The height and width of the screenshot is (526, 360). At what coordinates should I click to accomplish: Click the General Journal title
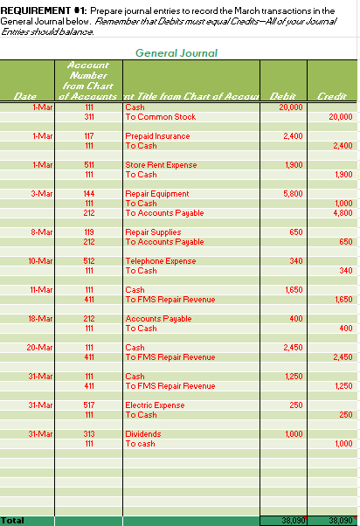[x=177, y=53]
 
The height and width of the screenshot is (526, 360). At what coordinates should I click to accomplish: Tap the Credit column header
[x=332, y=96]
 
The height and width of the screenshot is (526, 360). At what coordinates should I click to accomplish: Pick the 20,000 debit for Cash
[x=290, y=107]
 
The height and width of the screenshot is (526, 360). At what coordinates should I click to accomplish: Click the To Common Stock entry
[x=161, y=116]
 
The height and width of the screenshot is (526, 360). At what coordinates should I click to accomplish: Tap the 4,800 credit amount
[x=343, y=212]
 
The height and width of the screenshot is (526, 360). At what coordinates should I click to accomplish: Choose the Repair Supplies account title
[x=154, y=232]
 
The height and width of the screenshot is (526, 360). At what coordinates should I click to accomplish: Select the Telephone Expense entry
[x=161, y=260]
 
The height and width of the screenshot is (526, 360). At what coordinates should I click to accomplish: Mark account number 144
[x=88, y=193]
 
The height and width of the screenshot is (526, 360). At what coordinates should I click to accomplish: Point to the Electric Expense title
[x=156, y=405]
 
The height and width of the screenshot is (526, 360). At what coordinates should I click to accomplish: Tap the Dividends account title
[x=143, y=434]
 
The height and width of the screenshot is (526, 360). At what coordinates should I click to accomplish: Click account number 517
[x=88, y=405]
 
